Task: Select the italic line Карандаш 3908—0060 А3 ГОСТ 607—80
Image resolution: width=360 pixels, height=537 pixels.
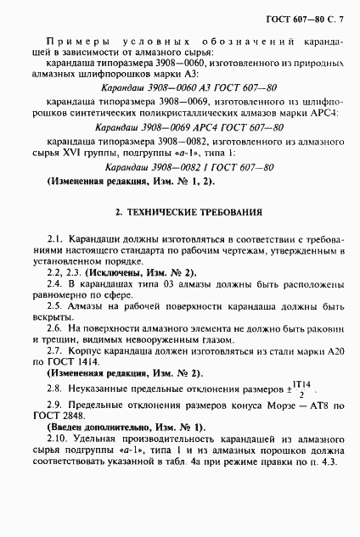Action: pos(187,87)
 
